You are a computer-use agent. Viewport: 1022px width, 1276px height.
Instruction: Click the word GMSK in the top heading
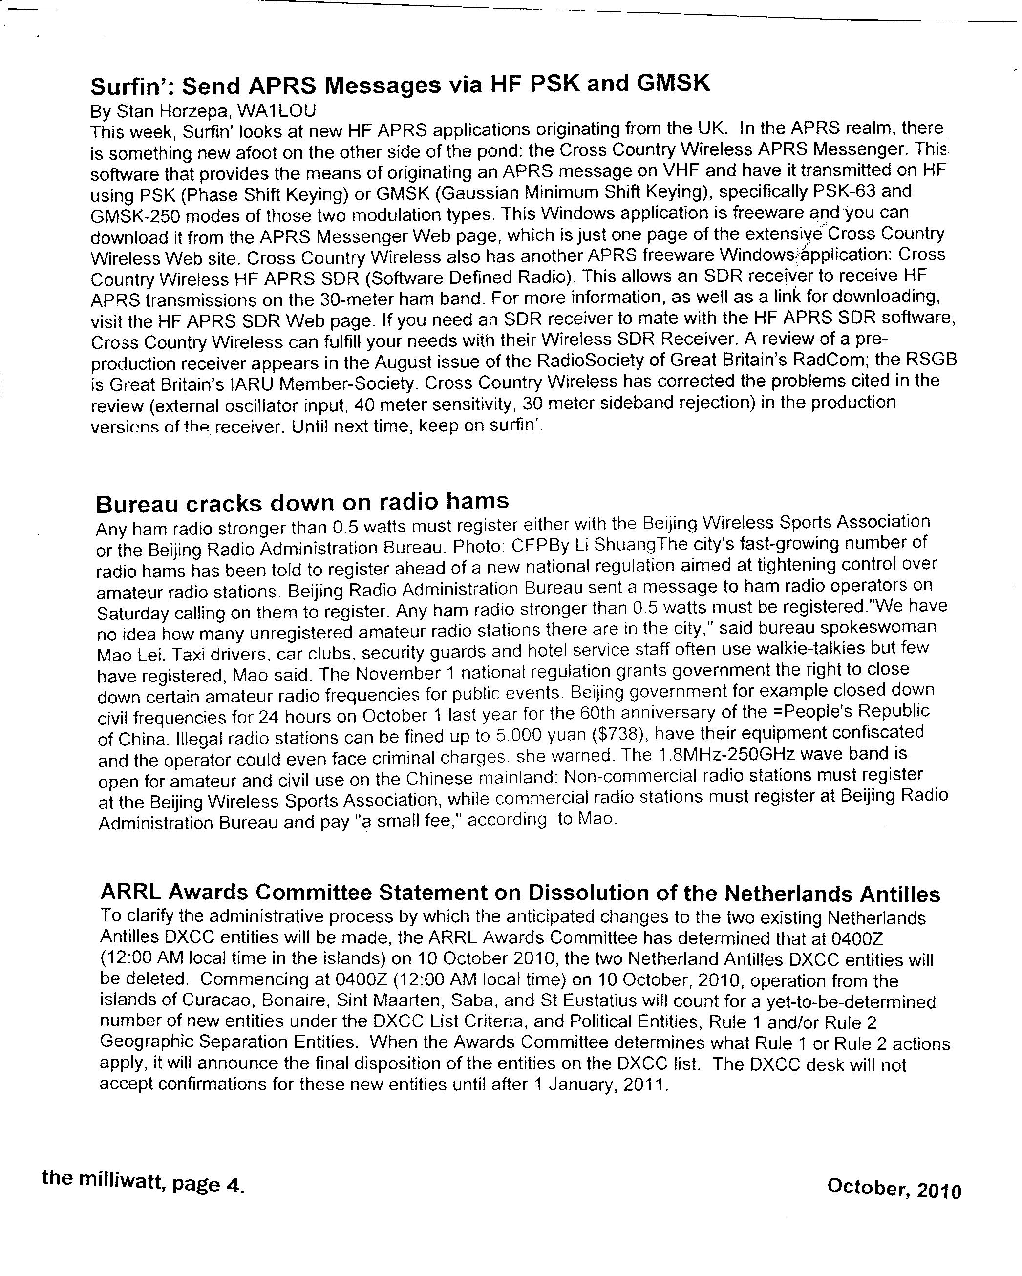coord(672,84)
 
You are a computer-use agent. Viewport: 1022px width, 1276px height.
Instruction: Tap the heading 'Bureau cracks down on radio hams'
coord(302,503)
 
